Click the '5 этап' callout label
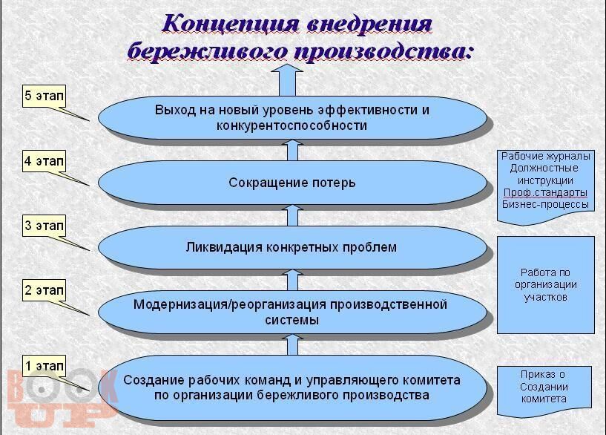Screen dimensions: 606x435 (44, 96)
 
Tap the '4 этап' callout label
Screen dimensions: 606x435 (44, 161)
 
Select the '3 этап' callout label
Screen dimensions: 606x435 (44, 226)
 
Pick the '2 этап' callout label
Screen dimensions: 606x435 (44, 290)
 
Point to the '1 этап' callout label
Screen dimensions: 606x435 (44, 365)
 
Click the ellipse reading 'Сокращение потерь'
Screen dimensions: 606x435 (292, 183)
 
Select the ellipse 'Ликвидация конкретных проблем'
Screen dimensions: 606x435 (292, 247)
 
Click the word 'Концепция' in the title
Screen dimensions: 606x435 (231, 24)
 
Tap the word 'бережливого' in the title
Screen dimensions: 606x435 (207, 52)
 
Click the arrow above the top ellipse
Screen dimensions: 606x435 (287, 80)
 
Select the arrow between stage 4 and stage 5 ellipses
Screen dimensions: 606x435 (292, 150)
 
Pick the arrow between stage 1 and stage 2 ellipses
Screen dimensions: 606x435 (292, 344)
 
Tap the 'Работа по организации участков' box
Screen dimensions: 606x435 (546, 285)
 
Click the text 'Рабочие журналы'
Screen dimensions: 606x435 (546, 156)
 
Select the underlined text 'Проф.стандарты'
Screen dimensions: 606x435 (546, 192)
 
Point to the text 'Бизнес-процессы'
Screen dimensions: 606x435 (546, 205)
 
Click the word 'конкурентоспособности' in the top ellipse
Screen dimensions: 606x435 (292, 125)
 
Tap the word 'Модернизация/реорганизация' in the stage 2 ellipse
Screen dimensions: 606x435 (231, 304)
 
